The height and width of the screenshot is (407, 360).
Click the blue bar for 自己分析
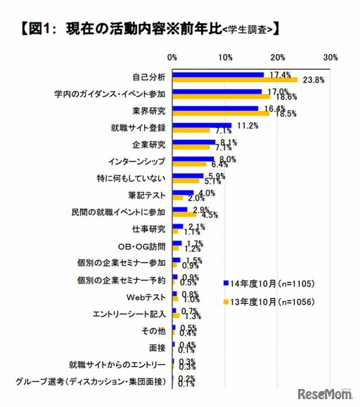pos(218,75)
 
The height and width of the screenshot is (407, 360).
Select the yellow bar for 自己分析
pos(235,80)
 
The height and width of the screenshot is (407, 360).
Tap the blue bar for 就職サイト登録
pos(202,126)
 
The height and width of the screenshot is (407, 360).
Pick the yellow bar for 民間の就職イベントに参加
pos(184,214)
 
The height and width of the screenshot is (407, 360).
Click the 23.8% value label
pos(313,80)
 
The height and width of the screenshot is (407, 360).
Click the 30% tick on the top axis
pos(331,57)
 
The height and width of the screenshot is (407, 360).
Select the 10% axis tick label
pos(226,57)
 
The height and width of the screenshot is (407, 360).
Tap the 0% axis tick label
pos(173,57)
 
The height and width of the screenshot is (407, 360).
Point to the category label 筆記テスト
pos(147,196)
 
